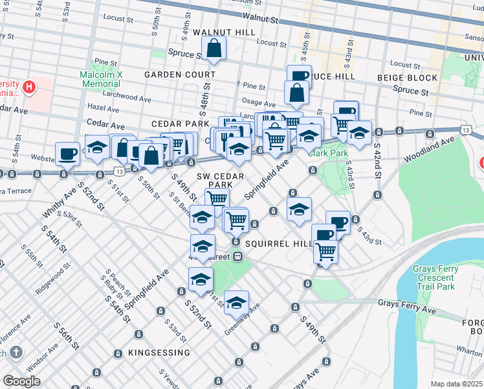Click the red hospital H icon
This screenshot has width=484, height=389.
click(28, 86)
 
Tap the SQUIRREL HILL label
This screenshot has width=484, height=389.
click(280, 243)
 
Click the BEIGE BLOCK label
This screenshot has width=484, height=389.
click(408, 78)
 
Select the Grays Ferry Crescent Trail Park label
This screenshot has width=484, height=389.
click(435, 277)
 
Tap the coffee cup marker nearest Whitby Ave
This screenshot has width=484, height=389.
click(67, 154)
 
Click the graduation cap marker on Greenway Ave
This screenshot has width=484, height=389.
click(237, 301)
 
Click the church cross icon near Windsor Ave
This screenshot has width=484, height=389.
click(16, 353)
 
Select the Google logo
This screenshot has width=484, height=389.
click(21, 381)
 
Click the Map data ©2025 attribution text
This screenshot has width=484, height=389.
click(457, 384)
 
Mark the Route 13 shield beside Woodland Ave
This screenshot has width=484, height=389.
click(466, 130)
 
